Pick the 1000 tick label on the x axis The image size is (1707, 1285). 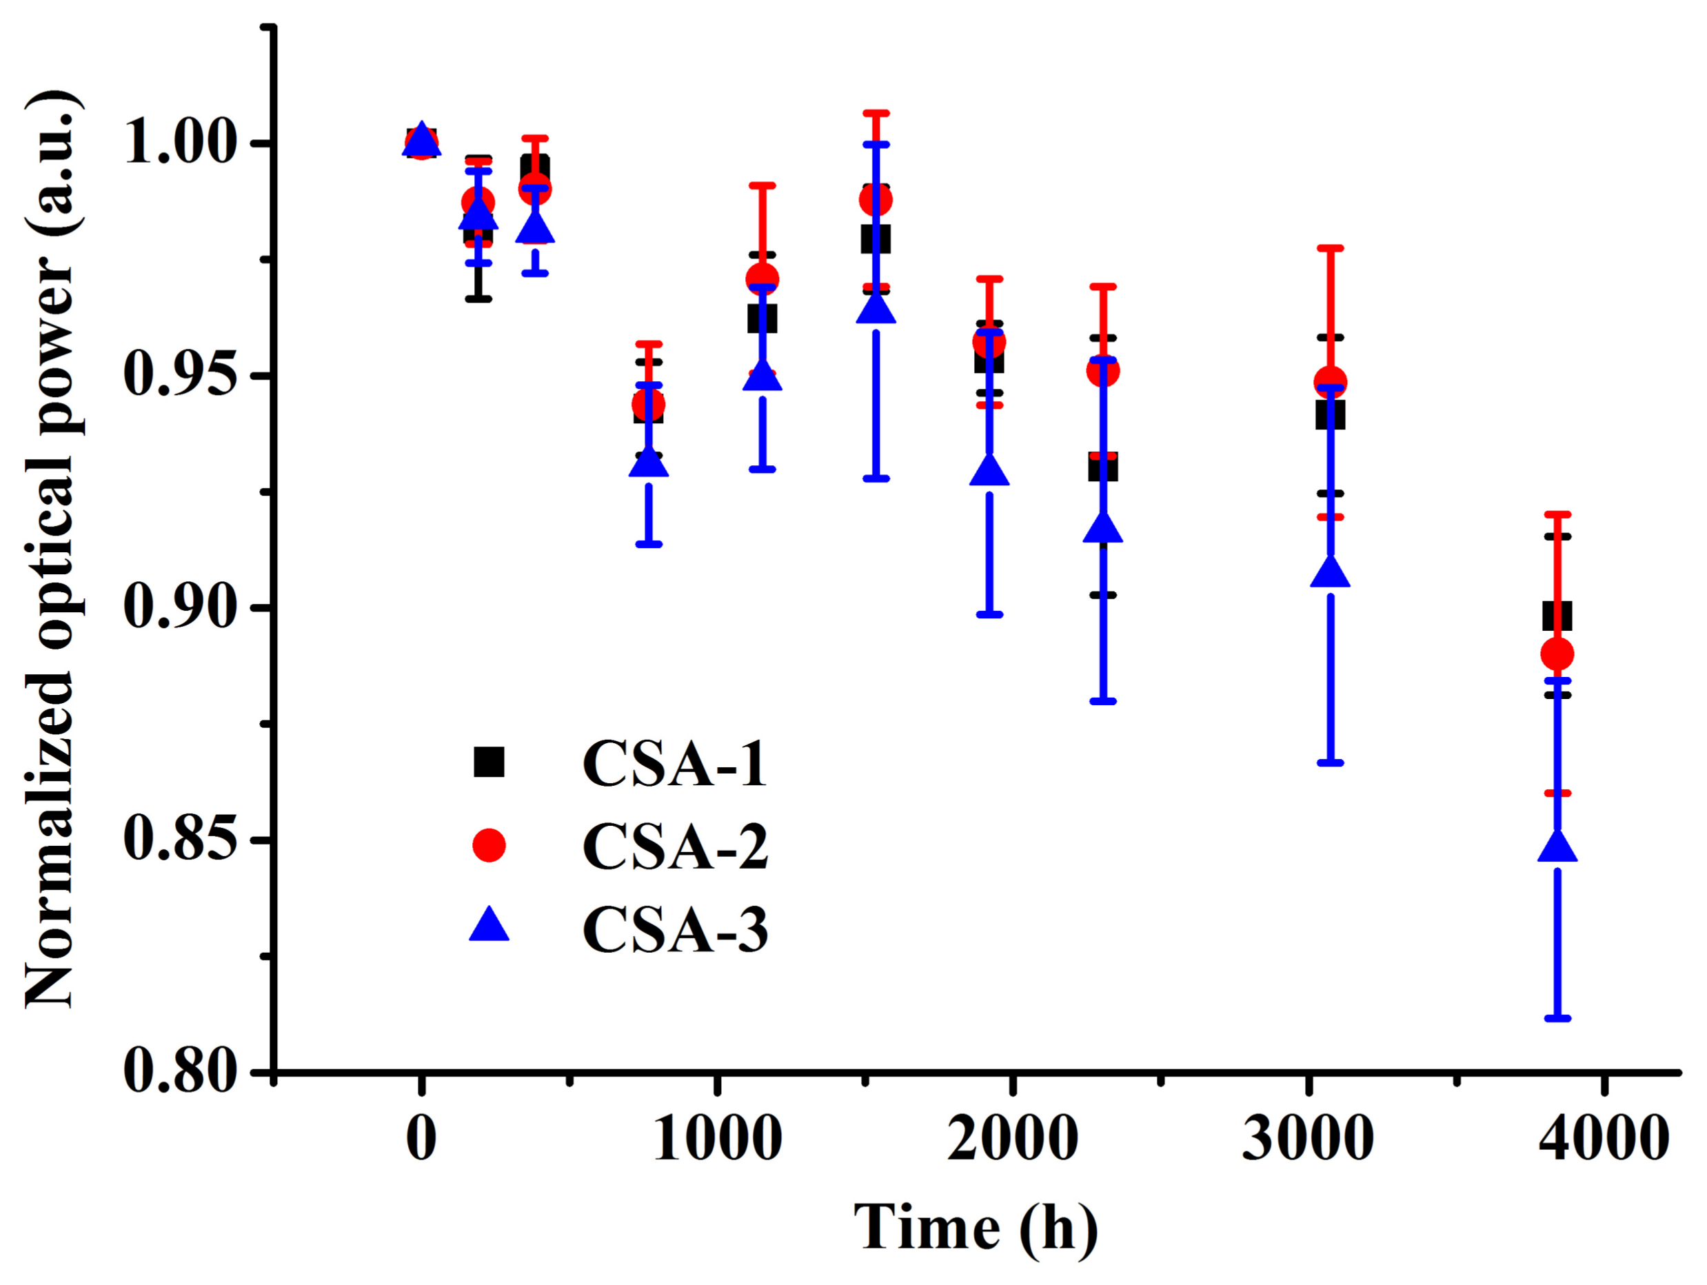[x=717, y=1139]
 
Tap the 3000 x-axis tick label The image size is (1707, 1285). [x=1307, y=1139]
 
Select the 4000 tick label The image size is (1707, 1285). [x=1603, y=1139]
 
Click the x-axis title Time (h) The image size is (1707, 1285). [x=976, y=1227]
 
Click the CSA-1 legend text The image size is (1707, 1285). [x=674, y=764]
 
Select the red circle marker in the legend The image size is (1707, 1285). [x=489, y=846]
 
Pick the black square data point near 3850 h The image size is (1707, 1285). [x=1557, y=616]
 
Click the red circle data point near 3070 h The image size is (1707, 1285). [x=1330, y=382]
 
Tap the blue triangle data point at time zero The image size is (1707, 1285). [x=421, y=141]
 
